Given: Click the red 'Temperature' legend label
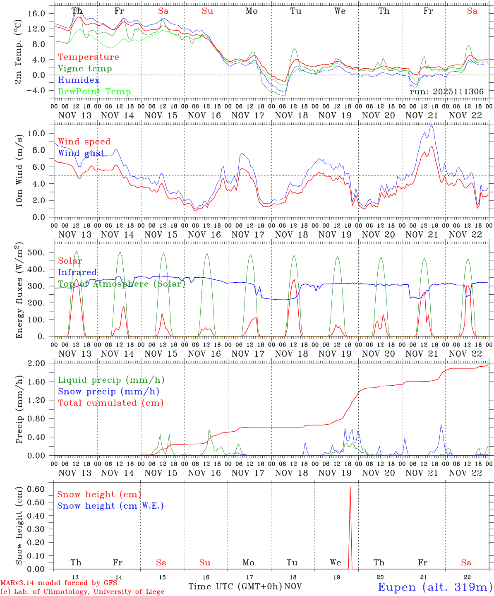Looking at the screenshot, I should tap(88, 57).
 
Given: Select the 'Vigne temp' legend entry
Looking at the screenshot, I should tap(85, 69).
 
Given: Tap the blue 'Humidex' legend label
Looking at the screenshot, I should tap(79, 80).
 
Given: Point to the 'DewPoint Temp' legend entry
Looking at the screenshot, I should tap(94, 92).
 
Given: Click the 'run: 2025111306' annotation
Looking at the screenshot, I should tap(446, 92).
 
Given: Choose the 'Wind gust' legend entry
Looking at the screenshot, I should tap(81, 153).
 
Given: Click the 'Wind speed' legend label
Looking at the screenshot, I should tap(84, 142).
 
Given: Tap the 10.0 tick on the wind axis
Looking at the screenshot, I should tap(36, 133).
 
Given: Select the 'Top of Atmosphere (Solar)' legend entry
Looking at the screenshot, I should tap(121, 284).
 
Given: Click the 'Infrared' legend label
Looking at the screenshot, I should tap(77, 272).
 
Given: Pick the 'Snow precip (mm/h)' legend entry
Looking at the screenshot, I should tap(108, 392).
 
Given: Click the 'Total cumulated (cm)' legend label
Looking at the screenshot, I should tap(110, 403).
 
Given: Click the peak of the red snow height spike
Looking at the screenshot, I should tap(350, 487).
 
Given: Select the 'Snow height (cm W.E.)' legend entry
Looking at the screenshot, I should tap(110, 506).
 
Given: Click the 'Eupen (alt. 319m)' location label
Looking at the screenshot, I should tap(435, 587).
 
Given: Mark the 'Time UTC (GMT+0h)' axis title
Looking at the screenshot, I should tap(235, 586).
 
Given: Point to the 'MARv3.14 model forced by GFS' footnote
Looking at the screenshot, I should tap(59, 583).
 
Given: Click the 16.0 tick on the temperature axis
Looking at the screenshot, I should tap(36, 14).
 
